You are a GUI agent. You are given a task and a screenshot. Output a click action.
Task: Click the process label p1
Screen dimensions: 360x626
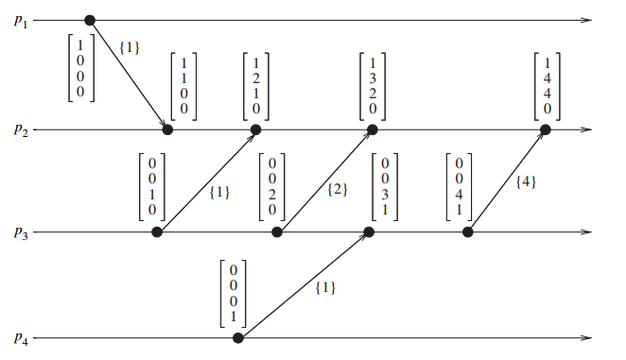pyautogui.click(x=22, y=20)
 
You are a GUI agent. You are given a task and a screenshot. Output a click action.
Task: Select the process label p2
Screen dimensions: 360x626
pyautogui.click(x=22, y=129)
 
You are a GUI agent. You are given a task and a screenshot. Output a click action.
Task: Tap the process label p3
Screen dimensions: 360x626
pyautogui.click(x=22, y=232)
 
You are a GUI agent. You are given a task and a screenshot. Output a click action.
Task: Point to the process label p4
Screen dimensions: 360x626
pyautogui.click(x=22, y=338)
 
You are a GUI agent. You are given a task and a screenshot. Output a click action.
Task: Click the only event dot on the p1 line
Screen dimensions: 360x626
pyautogui.click(x=90, y=20)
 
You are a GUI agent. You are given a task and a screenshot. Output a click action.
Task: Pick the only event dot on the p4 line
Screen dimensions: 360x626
pyautogui.click(x=238, y=337)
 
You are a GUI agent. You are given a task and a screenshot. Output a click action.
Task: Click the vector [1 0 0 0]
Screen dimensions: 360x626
pyautogui.click(x=81, y=67)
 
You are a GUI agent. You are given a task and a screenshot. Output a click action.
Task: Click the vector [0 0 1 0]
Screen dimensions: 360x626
pyautogui.click(x=153, y=186)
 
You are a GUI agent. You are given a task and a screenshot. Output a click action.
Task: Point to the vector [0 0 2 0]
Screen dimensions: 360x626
pyautogui.click(x=271, y=186)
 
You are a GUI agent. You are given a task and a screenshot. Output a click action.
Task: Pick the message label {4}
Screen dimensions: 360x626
pyautogui.click(x=526, y=181)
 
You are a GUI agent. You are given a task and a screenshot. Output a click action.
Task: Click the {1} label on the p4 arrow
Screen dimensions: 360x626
pyautogui.click(x=325, y=286)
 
